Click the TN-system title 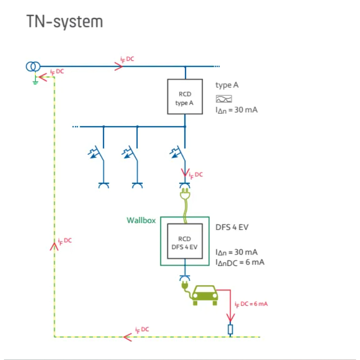[x=65, y=22]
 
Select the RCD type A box [x=184, y=97]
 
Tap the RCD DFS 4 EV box [x=184, y=242]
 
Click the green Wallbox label [x=142, y=220]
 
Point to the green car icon [x=205, y=295]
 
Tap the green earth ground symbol [x=35, y=81]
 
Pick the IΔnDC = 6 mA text [x=240, y=262]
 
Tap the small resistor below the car [x=230, y=329]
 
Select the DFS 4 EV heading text [x=232, y=227]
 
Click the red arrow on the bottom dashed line [x=127, y=337]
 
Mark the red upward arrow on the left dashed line [x=55, y=246]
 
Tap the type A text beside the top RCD [x=227, y=85]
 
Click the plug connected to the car [x=184, y=287]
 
